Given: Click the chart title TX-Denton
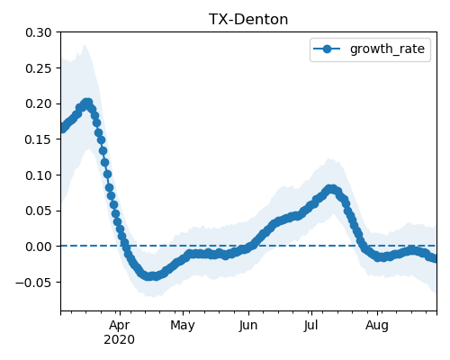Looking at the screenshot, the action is [x=248, y=20].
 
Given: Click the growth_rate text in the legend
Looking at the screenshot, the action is [x=387, y=49].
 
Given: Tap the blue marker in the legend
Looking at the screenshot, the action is [x=327, y=49].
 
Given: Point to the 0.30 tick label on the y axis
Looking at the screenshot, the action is [x=39, y=32].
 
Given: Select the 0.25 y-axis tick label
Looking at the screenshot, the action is [x=39, y=68].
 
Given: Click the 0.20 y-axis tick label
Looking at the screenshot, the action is [x=39, y=103].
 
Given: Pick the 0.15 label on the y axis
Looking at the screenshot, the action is [x=39, y=139].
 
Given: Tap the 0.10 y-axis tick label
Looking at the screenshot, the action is [x=39, y=175].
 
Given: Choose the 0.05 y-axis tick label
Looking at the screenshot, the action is [x=39, y=211].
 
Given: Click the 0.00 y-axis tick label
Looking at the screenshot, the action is [x=39, y=247].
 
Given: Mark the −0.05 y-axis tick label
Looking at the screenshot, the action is [x=33, y=283].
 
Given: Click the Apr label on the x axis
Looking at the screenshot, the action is [x=120, y=326].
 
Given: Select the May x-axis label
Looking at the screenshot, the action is [x=183, y=326].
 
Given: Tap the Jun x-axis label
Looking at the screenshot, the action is [x=248, y=326].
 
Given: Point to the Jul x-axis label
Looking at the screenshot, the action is [x=310, y=326].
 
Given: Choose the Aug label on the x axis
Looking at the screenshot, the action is [x=377, y=326].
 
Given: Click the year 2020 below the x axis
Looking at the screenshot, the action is [x=119, y=340].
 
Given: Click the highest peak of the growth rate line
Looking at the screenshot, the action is [x=87, y=103].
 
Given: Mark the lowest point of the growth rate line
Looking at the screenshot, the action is [x=151, y=276].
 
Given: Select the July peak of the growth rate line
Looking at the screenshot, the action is [x=331, y=189].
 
